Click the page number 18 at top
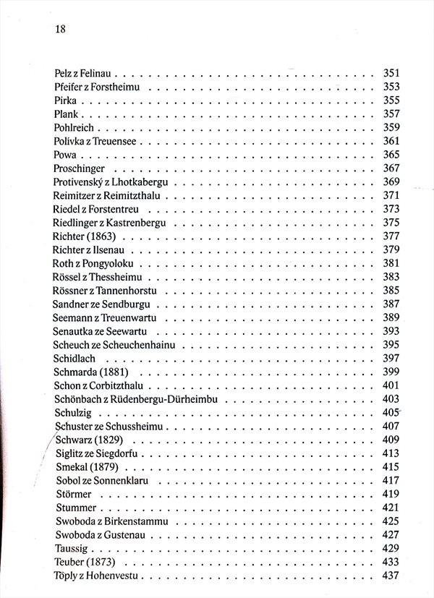[x=60, y=29]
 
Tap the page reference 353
[x=391, y=87]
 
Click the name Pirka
[x=65, y=101]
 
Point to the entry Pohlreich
[x=73, y=128]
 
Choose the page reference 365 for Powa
[x=391, y=155]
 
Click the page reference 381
[x=391, y=263]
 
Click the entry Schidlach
[x=75, y=359]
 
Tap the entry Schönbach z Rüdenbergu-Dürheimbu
[x=136, y=399]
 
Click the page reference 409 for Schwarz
[x=391, y=440]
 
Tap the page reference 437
[x=391, y=576]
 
